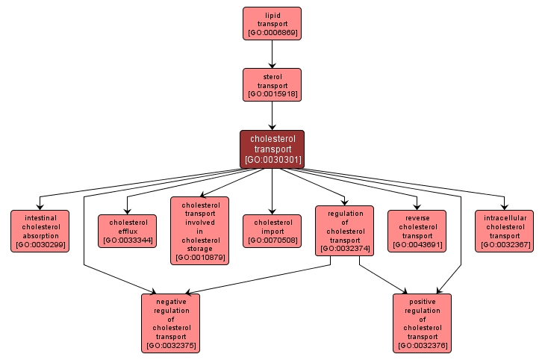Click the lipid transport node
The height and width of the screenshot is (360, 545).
click(272, 23)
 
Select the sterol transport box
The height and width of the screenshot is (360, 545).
click(272, 84)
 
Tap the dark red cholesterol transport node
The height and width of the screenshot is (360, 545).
click(272, 149)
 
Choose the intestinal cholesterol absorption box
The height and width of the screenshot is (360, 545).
click(40, 231)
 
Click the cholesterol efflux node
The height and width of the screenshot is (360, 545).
click(127, 231)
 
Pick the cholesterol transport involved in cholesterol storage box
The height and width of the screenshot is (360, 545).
click(199, 230)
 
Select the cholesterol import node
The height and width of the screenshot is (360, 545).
click(272, 231)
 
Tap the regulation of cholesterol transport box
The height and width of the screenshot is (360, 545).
click(344, 231)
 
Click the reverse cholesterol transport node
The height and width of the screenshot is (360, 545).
click(417, 231)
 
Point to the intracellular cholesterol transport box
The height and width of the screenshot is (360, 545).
click(504, 231)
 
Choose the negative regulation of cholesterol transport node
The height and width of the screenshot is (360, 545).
click(171, 323)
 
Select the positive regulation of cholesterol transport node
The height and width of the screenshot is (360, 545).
click(423, 323)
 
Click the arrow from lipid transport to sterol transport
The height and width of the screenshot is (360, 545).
click(272, 53)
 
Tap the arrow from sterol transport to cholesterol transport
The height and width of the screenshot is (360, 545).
click(272, 116)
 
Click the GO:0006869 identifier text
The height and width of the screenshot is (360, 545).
click(272, 33)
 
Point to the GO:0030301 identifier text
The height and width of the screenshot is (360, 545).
click(272, 159)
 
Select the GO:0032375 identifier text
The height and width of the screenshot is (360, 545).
click(171, 346)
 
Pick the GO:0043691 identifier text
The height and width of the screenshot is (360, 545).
click(417, 244)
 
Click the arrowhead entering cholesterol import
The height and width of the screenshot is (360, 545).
click(272, 211)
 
